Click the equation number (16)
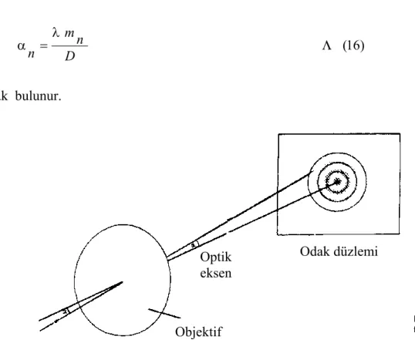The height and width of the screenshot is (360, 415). tap(353, 45)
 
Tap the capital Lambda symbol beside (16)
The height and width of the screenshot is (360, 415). tap(327, 46)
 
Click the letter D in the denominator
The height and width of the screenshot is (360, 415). tap(70, 56)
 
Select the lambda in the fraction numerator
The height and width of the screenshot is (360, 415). tap(56, 32)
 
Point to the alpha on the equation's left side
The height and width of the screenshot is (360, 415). tap(22, 45)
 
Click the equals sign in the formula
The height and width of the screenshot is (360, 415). tap(43, 46)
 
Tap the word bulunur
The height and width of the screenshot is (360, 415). tap(38, 96)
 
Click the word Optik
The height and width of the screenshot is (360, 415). tap(216, 257)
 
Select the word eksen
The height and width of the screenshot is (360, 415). tap(216, 273)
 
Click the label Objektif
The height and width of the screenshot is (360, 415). tap(199, 332)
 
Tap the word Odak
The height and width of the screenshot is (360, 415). tap(315, 251)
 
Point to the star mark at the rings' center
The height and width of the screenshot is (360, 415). tap(337, 182)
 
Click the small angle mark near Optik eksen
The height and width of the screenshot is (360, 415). tap(194, 245)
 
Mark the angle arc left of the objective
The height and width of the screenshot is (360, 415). tap(66, 311)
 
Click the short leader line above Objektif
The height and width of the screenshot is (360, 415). tap(164, 313)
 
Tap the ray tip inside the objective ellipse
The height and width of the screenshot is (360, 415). tap(123, 282)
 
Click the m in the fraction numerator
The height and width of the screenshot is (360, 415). tap(69, 33)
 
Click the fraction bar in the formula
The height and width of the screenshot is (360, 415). tap(69, 46)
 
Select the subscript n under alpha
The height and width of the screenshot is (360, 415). tap(31, 54)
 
